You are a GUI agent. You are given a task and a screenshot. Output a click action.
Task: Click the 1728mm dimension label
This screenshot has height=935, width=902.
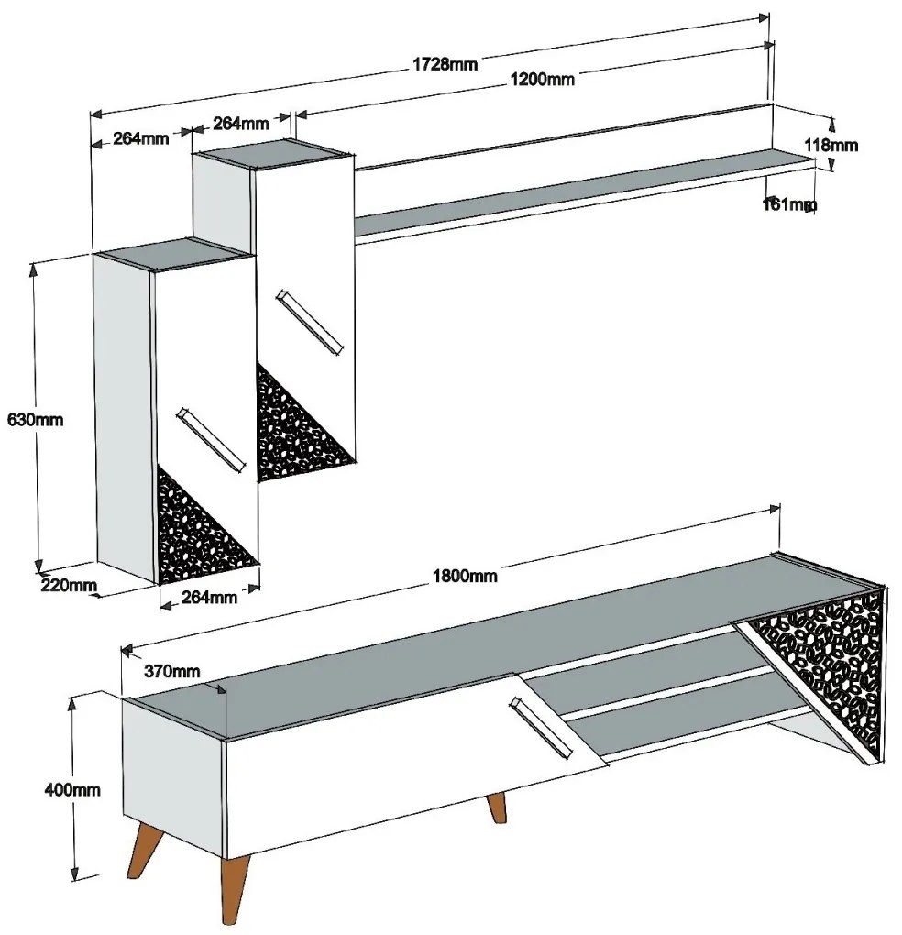click(445, 63)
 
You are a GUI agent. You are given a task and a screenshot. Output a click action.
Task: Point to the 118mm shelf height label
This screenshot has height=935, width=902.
click(830, 144)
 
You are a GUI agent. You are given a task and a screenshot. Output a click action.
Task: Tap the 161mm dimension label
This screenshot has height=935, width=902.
click(788, 204)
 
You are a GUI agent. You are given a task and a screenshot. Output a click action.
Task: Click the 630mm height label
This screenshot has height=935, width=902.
click(35, 419)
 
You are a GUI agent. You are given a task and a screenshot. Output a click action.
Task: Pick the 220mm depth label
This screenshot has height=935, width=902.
click(68, 585)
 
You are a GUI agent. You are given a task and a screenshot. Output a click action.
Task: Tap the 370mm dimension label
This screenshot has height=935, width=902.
click(171, 671)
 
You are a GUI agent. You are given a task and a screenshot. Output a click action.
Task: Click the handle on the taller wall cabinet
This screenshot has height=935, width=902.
click(309, 322)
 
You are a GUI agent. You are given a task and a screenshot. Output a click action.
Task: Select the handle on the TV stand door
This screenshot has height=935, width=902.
click(541, 728)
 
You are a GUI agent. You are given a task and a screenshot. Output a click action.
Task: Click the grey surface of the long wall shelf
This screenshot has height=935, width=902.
click(587, 192)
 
